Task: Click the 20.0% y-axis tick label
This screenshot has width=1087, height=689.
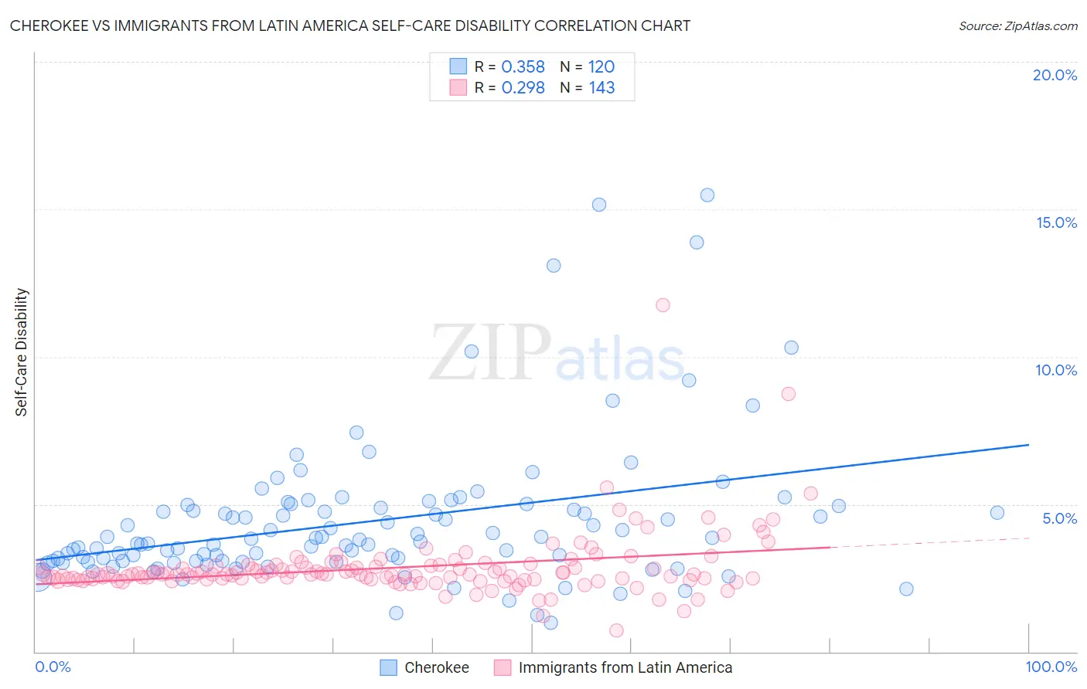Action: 1055,75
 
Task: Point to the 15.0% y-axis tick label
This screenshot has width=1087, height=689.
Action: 1056,222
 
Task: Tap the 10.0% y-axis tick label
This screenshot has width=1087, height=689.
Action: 1056,370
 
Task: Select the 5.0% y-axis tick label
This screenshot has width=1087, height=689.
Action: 1059,518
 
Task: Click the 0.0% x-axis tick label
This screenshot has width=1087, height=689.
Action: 53,667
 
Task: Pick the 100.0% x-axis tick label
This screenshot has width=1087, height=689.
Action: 1051,667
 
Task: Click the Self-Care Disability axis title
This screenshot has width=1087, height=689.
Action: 22,352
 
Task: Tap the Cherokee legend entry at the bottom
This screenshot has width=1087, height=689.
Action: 436,667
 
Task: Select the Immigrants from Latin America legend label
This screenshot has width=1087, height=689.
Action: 625,667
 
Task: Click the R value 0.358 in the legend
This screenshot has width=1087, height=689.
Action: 523,67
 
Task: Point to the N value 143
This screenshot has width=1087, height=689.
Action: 601,88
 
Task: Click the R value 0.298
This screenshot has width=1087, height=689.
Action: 523,88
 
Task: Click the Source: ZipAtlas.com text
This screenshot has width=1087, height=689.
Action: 1017,26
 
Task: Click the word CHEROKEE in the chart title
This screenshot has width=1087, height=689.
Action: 50,26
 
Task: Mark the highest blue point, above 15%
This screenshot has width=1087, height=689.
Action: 707,195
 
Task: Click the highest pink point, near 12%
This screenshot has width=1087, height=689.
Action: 663,305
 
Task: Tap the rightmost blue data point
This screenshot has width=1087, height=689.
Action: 997,513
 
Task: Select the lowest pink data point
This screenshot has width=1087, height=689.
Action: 616,630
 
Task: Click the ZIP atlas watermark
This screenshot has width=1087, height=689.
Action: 557,353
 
